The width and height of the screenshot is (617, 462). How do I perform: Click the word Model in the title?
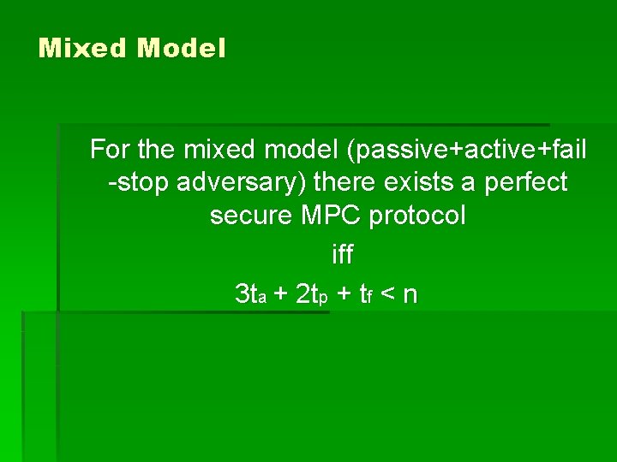(x=181, y=48)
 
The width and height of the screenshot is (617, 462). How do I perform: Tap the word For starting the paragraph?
(x=110, y=150)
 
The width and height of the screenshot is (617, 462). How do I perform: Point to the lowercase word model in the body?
(x=301, y=150)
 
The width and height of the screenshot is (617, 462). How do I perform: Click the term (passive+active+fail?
(x=467, y=150)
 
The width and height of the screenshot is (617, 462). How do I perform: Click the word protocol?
(x=417, y=215)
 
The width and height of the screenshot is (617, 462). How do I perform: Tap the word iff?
(x=342, y=255)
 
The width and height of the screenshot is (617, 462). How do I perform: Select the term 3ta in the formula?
(x=255, y=295)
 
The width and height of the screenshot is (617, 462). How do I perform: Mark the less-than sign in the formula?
(x=386, y=296)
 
